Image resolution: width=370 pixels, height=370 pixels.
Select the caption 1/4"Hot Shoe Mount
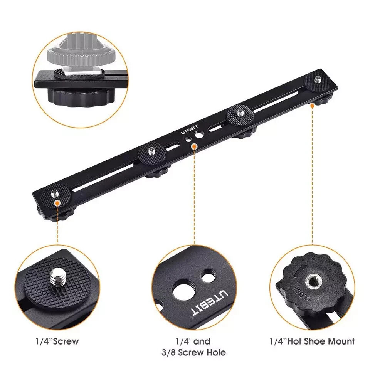(x=312, y=341)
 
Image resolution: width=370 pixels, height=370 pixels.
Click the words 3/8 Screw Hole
(x=194, y=352)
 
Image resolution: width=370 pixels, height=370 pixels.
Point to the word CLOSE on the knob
(x=301, y=293)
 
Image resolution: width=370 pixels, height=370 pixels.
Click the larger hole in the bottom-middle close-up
(x=182, y=290)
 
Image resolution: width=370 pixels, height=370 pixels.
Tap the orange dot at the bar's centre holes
(x=194, y=146)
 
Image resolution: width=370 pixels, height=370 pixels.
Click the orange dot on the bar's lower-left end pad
(x=57, y=202)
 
